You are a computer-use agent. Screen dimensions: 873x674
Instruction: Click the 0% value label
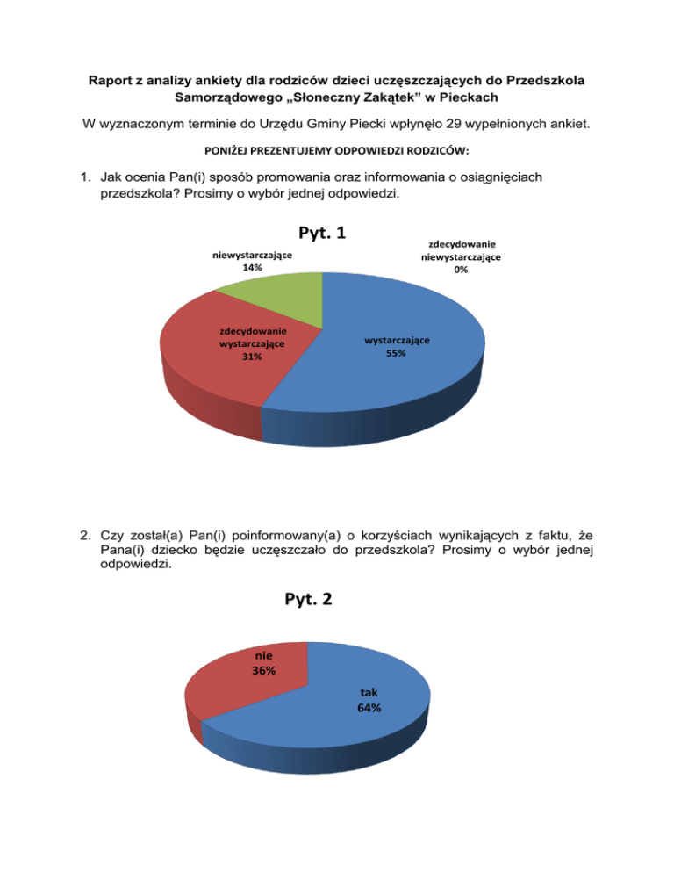click(461, 270)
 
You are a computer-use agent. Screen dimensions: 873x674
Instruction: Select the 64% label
click(369, 707)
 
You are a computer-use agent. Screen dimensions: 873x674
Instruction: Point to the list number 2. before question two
click(85, 533)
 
